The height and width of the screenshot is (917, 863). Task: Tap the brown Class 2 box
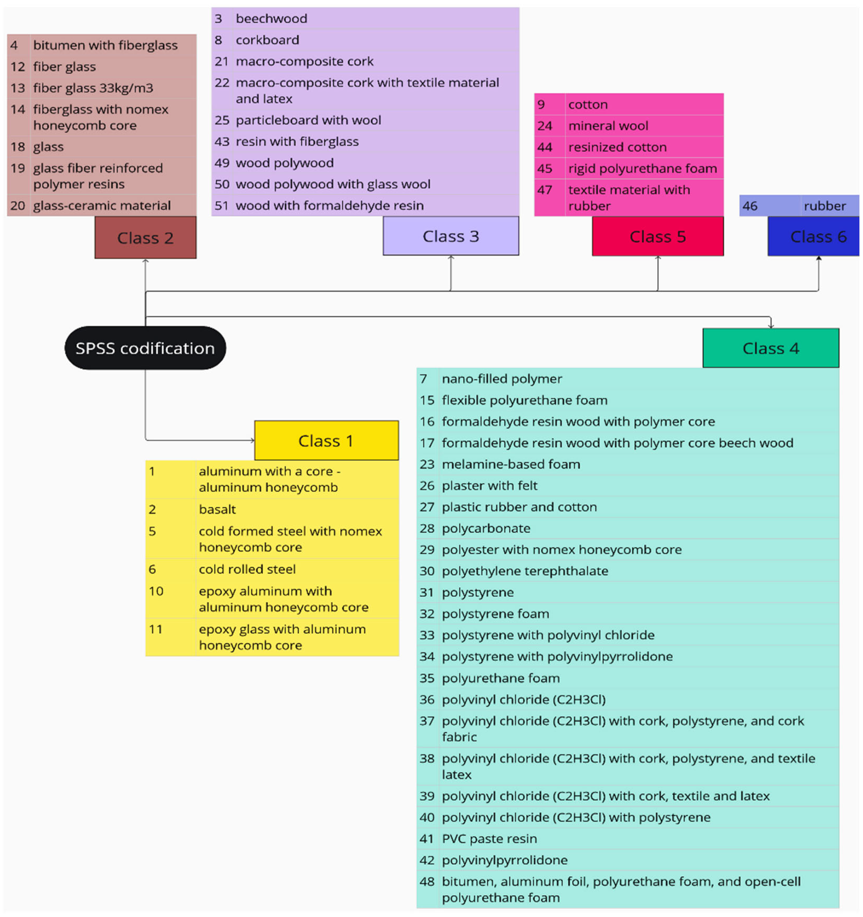pyautogui.click(x=145, y=237)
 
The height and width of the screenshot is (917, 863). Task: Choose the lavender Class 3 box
pyautogui.click(x=450, y=236)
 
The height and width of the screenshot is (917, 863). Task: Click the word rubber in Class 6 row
pyautogui.click(x=824, y=206)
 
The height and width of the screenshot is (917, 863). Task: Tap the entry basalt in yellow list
pyautogui.click(x=217, y=509)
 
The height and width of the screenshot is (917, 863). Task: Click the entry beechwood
pyautogui.click(x=271, y=18)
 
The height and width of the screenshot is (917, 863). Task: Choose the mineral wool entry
pyautogui.click(x=608, y=126)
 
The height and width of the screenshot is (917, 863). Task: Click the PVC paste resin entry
pyautogui.click(x=489, y=838)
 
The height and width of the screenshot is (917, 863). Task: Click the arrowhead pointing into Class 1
pyautogui.click(x=252, y=440)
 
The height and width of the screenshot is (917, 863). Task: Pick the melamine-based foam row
pyautogui.click(x=511, y=464)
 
